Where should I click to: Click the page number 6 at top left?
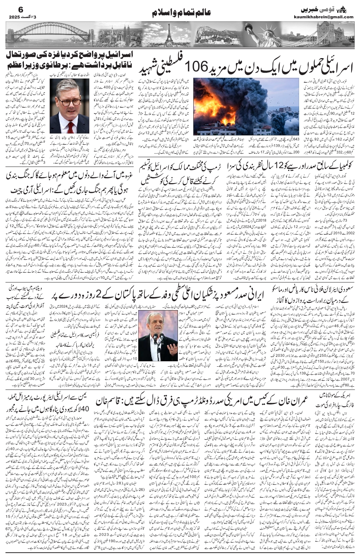11,8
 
